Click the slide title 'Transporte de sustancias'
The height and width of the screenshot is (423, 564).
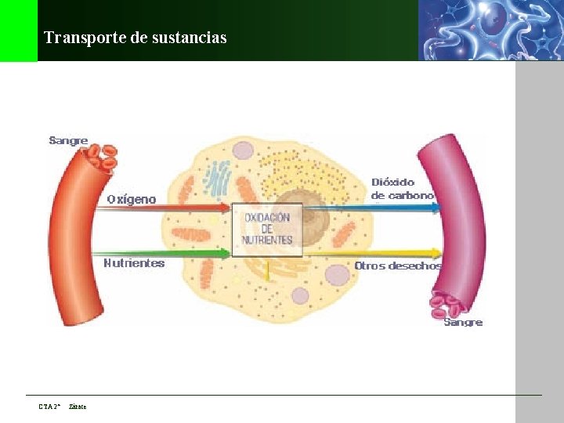136,38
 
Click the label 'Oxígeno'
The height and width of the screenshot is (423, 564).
132,199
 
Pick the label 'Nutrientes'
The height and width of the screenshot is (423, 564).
134,263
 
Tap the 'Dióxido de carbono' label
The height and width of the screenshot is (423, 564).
402,189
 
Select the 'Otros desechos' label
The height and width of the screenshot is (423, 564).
397,266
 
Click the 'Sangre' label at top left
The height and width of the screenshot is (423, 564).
68,141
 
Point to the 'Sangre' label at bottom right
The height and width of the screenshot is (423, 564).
463,322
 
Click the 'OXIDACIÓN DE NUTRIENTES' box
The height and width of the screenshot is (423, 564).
267,229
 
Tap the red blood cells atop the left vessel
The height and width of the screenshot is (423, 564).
101,156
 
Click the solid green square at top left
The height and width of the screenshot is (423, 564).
18,31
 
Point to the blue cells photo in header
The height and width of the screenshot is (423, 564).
490,30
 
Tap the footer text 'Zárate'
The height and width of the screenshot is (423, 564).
78,407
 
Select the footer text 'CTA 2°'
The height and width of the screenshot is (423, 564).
49,407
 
